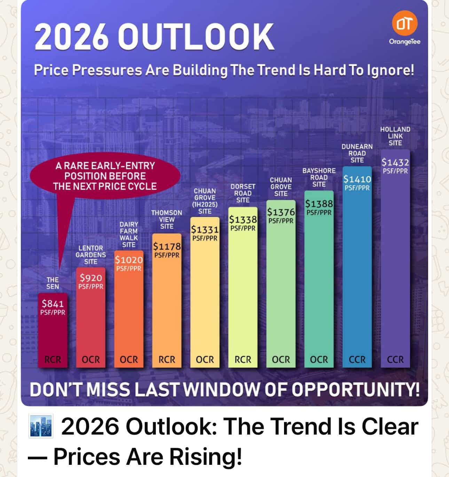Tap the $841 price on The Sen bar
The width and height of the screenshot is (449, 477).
pyautogui.click(x=53, y=303)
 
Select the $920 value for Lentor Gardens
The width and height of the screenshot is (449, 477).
pyautogui.click(x=91, y=277)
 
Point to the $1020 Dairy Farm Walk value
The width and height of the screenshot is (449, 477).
pyautogui.click(x=129, y=260)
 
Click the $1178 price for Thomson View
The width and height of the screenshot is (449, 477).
pyautogui.click(x=167, y=246)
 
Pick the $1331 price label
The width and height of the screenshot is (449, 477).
pyautogui.click(x=205, y=229)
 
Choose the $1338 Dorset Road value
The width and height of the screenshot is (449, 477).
pyautogui.click(x=243, y=219)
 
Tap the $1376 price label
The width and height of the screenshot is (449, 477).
pyautogui.click(x=281, y=212)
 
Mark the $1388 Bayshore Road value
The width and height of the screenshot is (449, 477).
pyautogui.click(x=319, y=203)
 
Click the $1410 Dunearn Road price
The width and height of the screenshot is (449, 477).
pyautogui.click(x=357, y=179)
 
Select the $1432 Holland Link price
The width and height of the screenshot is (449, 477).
pyautogui.click(x=395, y=162)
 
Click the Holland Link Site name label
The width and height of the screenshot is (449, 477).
pyautogui.click(x=395, y=136)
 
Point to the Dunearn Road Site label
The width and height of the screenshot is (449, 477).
pyautogui.click(x=357, y=153)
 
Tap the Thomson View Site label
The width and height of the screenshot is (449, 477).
pyautogui.click(x=167, y=219)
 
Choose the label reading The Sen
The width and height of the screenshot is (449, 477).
pyautogui.click(x=53, y=283)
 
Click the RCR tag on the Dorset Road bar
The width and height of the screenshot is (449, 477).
pyautogui.click(x=243, y=359)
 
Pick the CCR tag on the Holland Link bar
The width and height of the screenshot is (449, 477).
pyautogui.click(x=395, y=359)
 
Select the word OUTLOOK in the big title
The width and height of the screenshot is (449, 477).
pyautogui.click(x=196, y=37)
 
